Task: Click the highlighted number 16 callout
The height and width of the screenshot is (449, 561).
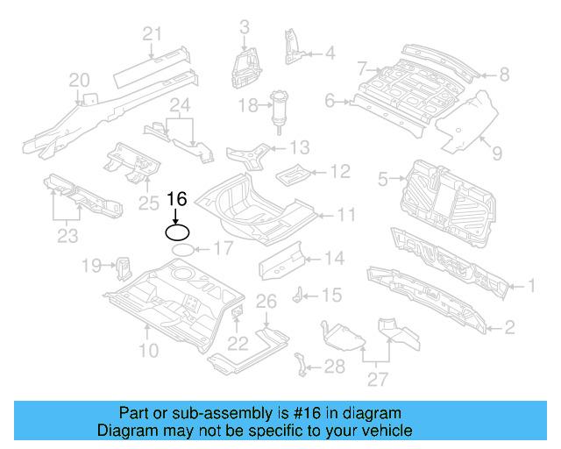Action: (x=177, y=200)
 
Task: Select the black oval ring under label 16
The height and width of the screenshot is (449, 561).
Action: (x=177, y=232)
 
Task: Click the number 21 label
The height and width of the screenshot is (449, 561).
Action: (x=153, y=34)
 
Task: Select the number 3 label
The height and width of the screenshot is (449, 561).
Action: (x=244, y=27)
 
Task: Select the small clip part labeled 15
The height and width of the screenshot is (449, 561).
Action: (x=298, y=294)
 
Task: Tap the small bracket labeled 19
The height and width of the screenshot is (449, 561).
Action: (x=122, y=266)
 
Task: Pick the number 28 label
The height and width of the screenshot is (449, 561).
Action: (x=335, y=367)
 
